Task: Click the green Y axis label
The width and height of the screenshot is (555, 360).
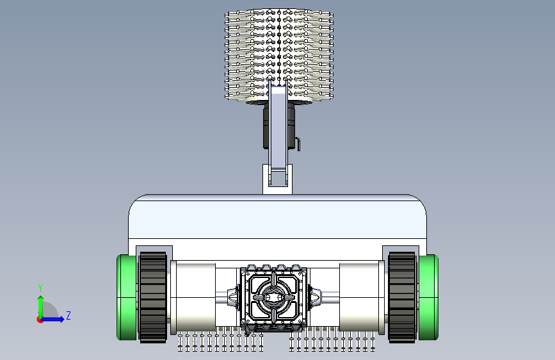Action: (40, 288)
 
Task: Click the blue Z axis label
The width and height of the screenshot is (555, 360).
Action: (68, 315)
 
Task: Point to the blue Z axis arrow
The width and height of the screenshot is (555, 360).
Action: (52, 319)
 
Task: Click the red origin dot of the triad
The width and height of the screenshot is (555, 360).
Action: (40, 320)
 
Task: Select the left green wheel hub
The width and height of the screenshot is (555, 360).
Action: (126, 297)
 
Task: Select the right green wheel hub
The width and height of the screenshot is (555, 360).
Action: (428, 297)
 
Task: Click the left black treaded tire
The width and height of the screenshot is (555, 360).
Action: (153, 297)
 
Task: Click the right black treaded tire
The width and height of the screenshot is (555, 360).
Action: (402, 297)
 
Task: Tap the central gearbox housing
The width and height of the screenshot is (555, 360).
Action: (273, 298)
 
